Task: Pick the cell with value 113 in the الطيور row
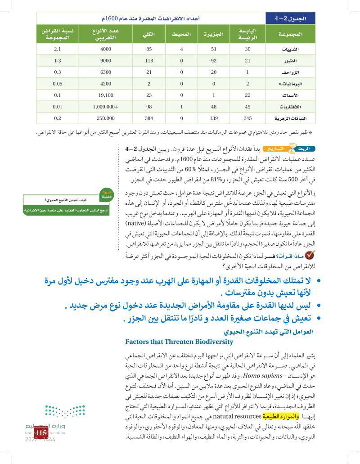pos(149,61)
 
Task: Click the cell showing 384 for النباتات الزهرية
pos(149,119)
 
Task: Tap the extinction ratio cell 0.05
pos(57,84)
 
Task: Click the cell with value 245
pos(247,119)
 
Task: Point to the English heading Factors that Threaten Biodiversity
pos(179,342)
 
